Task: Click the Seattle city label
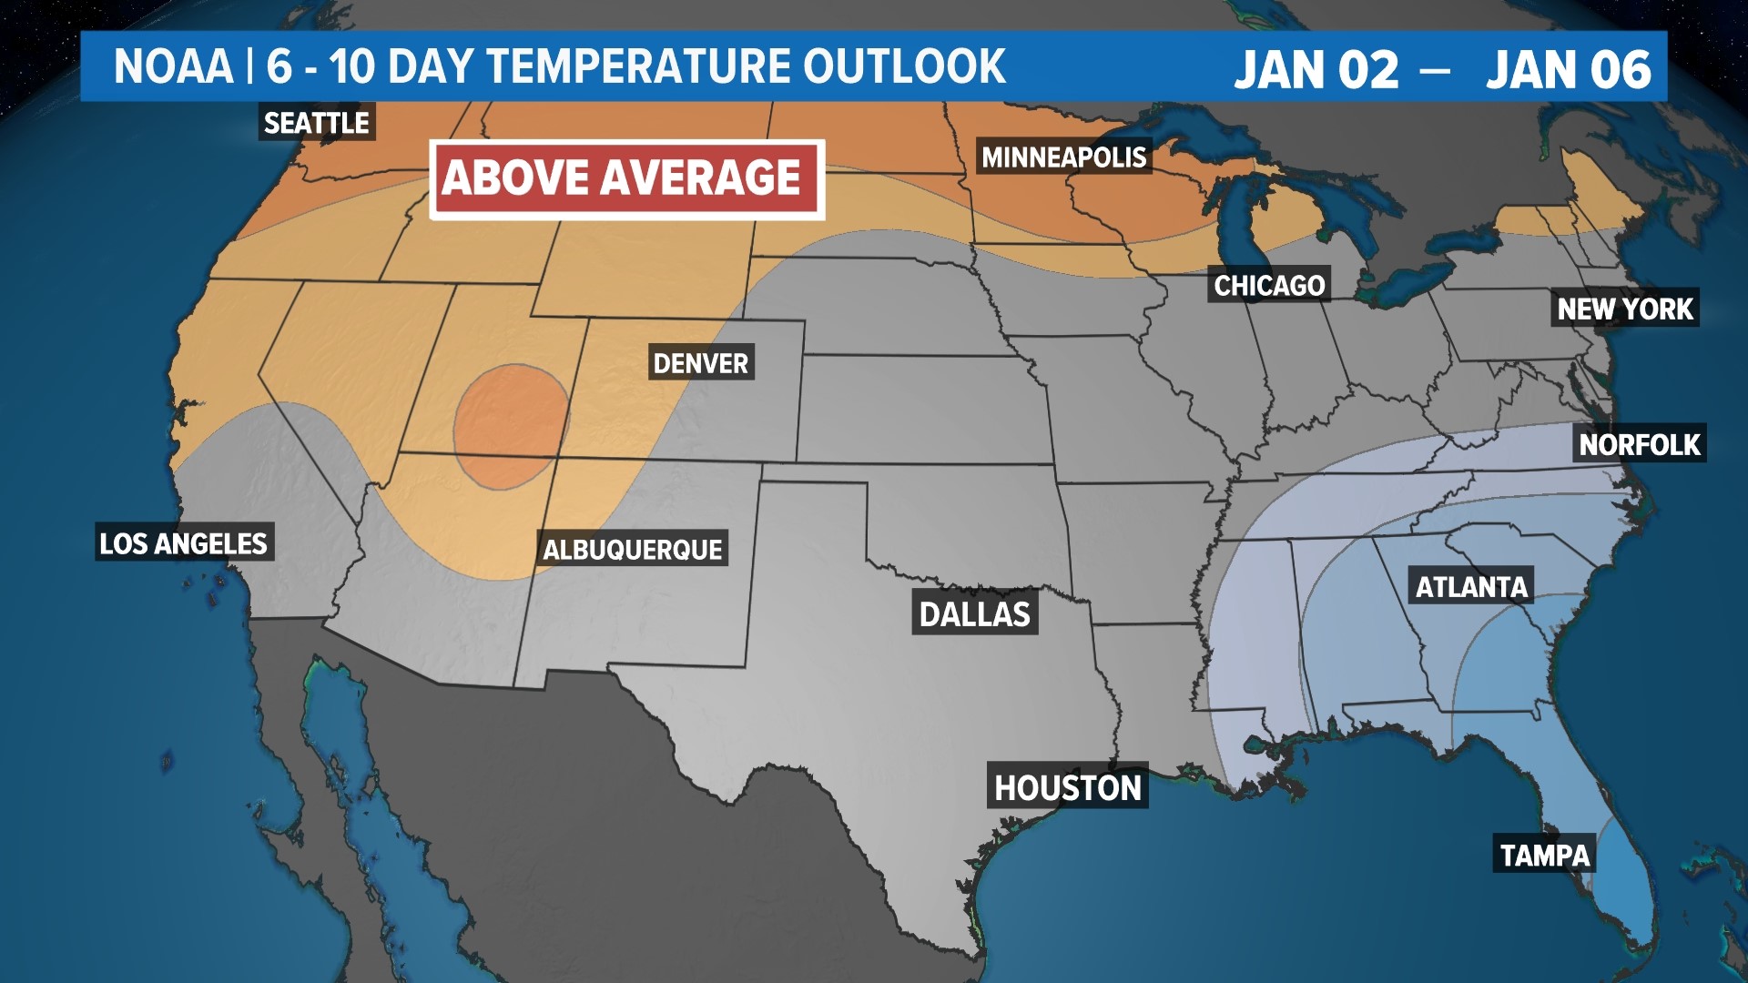click(x=316, y=123)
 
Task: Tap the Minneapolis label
click(x=1063, y=157)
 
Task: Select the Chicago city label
click(x=1269, y=286)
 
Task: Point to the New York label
click(x=1625, y=309)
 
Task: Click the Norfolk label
click(x=1639, y=444)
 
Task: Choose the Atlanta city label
click(x=1471, y=587)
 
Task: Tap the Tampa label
click(x=1544, y=855)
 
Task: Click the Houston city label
click(x=1067, y=787)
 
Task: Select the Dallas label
click(x=974, y=614)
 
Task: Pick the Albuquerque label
click(x=632, y=550)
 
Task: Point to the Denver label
click(x=700, y=363)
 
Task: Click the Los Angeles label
click(x=183, y=543)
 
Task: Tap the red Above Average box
click(x=626, y=178)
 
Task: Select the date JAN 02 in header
click(x=1316, y=70)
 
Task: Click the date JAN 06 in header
click(x=1568, y=70)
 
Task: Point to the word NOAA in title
click(x=173, y=67)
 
